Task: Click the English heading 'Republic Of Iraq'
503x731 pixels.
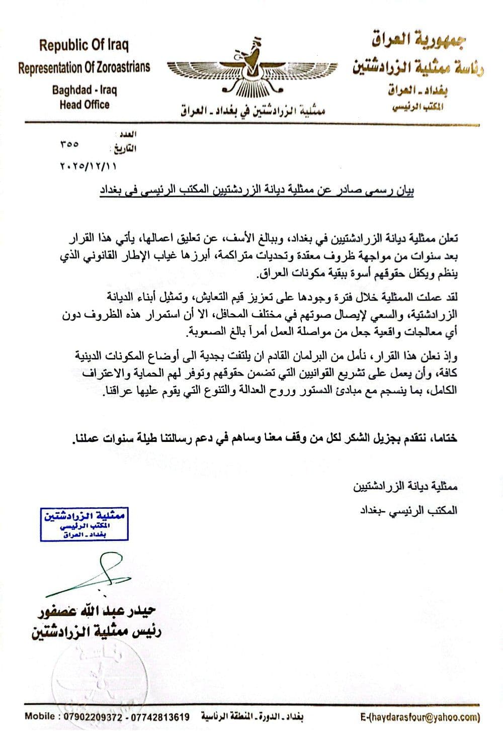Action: pyautogui.click(x=84, y=46)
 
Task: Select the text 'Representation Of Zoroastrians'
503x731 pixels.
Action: pyautogui.click(x=84, y=67)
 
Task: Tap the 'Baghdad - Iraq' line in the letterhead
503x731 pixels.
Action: pyautogui.click(x=84, y=90)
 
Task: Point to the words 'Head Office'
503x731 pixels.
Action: pyautogui.click(x=84, y=105)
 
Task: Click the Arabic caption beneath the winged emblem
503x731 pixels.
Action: pyautogui.click(x=253, y=110)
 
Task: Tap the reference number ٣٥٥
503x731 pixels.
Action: pyautogui.click(x=69, y=144)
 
